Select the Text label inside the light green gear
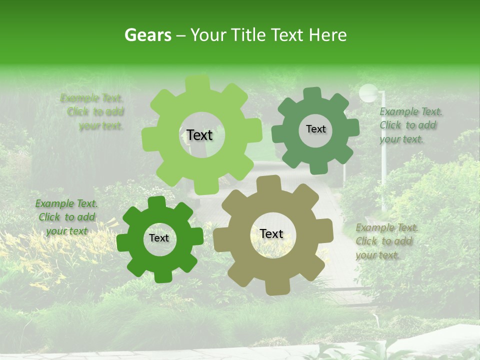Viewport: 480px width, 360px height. (x=199, y=135)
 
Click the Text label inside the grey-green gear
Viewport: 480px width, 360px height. (x=315, y=129)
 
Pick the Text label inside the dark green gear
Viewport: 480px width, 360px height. (x=159, y=238)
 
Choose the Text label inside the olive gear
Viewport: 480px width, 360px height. (x=271, y=233)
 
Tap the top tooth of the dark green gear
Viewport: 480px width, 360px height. (x=156, y=202)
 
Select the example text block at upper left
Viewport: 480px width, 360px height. (x=93, y=112)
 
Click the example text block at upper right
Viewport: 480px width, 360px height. (x=410, y=125)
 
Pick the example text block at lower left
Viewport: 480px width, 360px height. (x=66, y=217)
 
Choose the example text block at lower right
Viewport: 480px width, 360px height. (x=386, y=241)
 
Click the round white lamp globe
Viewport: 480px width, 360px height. (x=368, y=93)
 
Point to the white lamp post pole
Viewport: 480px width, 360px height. (x=384, y=160)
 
